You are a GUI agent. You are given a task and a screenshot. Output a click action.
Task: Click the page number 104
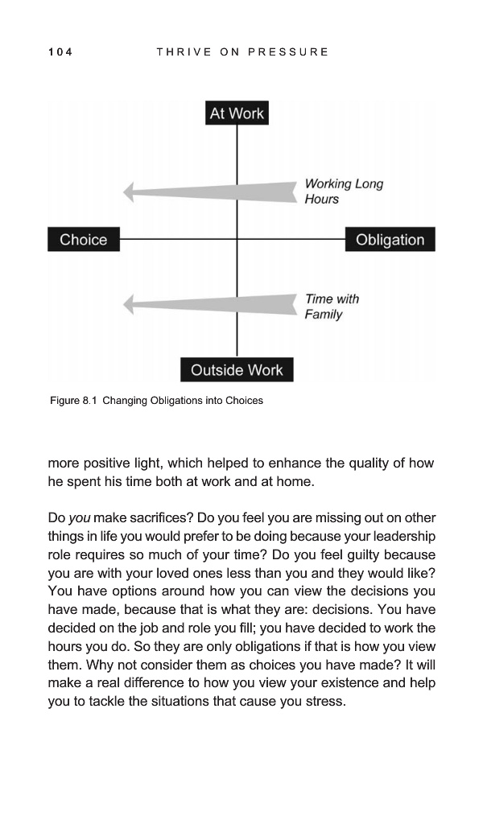point(60,52)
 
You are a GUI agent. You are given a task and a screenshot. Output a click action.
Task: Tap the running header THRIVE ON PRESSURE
point(242,52)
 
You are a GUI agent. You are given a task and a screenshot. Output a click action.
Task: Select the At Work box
point(237,113)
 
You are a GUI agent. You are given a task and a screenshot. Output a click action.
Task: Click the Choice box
point(83,240)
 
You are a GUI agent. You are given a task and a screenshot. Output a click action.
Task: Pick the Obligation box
point(390,240)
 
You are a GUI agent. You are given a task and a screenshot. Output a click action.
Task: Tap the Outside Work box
point(237,370)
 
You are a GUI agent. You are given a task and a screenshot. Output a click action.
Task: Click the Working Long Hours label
point(343,192)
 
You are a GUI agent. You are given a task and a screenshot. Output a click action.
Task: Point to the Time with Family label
point(332,307)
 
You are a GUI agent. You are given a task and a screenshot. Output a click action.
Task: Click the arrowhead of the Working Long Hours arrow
point(128,192)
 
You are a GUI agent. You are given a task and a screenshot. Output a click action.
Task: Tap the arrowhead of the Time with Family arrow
point(128,305)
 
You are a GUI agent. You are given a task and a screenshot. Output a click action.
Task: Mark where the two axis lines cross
point(237,239)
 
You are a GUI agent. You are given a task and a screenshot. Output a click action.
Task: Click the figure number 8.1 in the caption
point(89,400)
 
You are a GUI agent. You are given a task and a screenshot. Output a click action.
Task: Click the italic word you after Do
point(79,516)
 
